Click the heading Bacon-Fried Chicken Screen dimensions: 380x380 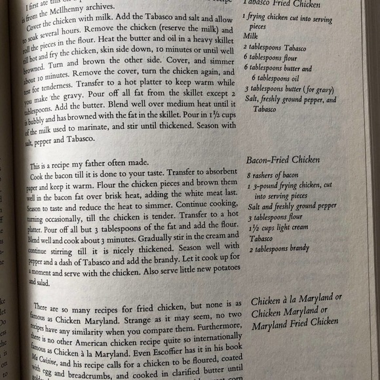282,160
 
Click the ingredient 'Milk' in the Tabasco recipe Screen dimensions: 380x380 251,37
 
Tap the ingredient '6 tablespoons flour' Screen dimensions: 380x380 271,58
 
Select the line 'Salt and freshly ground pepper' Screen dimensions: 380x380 291,206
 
